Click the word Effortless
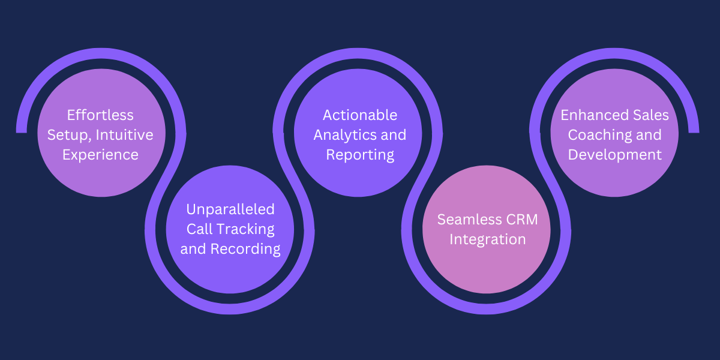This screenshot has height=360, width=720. pyautogui.click(x=100, y=115)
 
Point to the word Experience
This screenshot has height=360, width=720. pyautogui.click(x=100, y=155)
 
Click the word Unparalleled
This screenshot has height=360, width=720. pyautogui.click(x=230, y=209)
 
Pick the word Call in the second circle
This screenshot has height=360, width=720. pyautogui.click(x=199, y=229)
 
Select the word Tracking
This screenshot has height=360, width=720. pyautogui.click(x=245, y=229)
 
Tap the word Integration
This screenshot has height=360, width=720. pyautogui.click(x=487, y=239)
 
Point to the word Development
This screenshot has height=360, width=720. pyautogui.click(x=614, y=155)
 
